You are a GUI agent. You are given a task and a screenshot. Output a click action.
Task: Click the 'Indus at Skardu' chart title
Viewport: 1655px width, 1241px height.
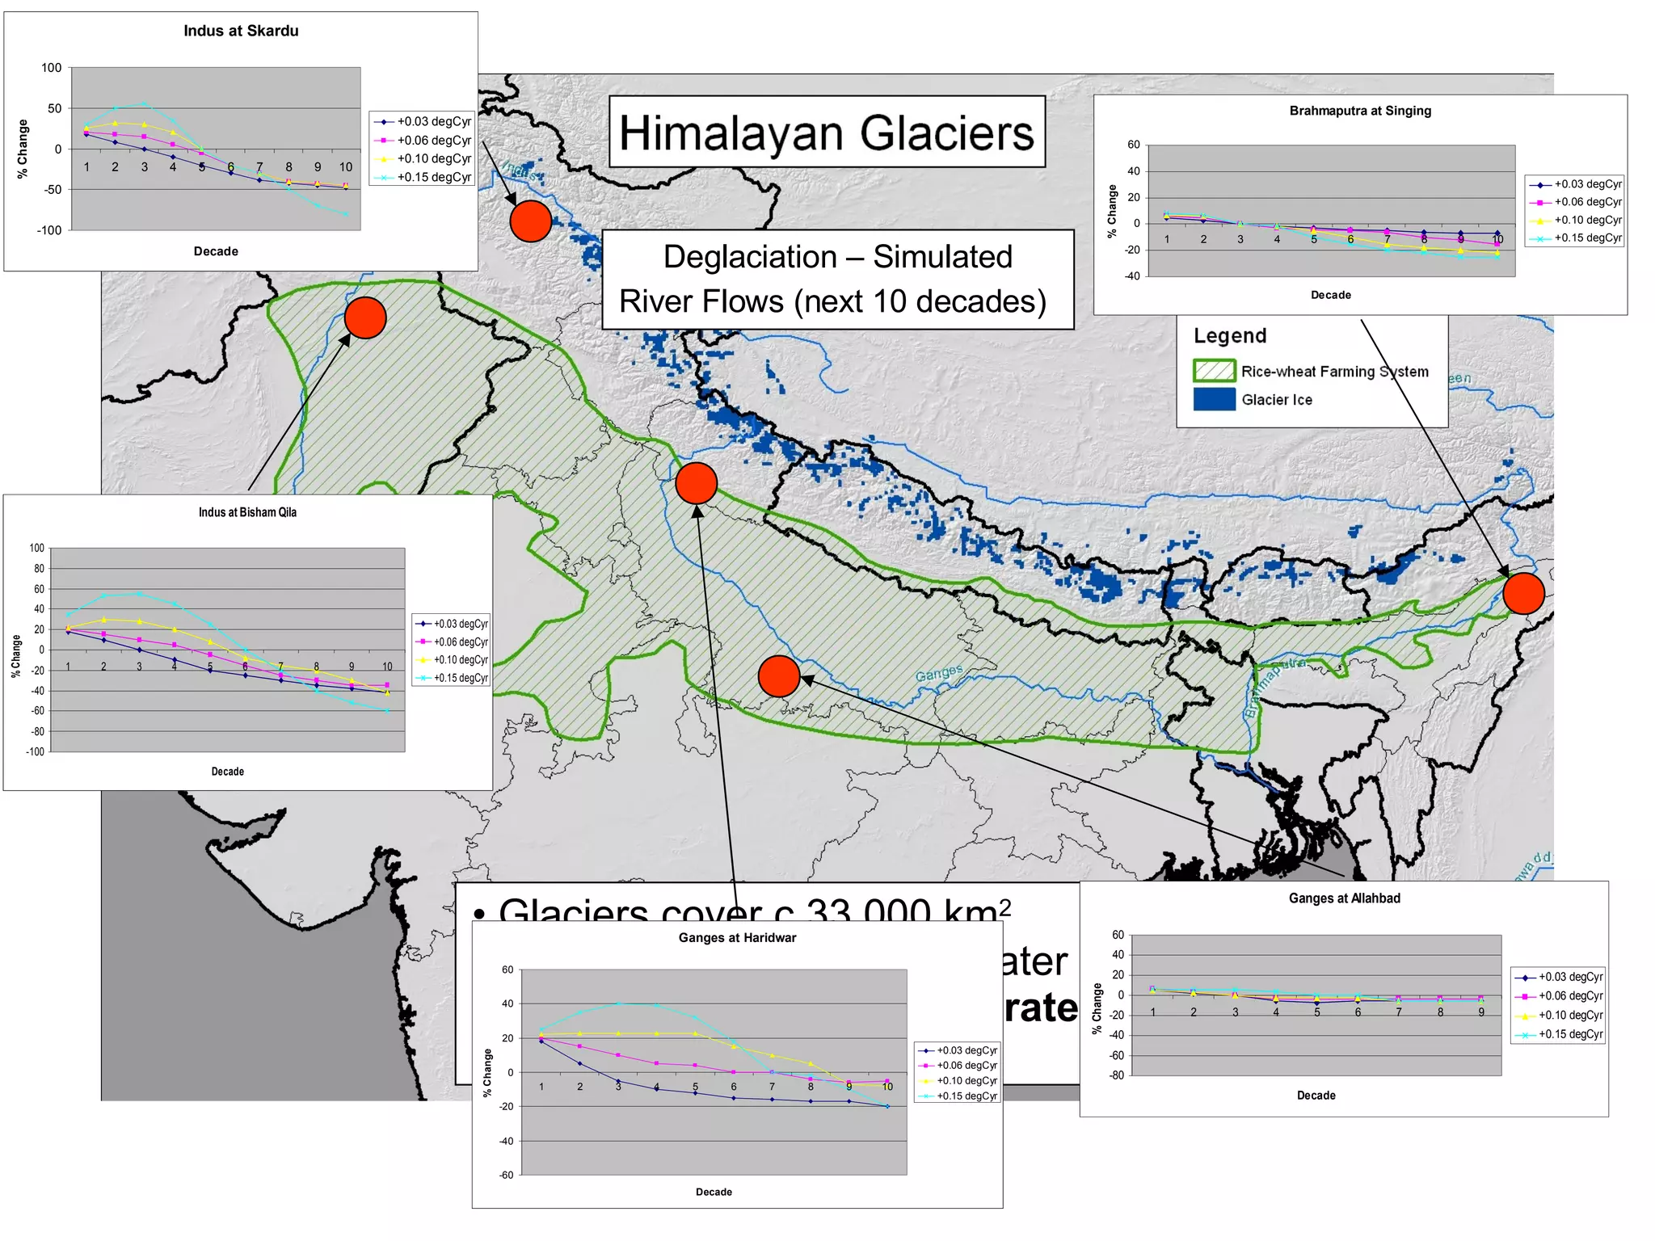[241, 32]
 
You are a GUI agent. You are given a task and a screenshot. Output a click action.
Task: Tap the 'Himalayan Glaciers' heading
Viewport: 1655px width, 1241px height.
[826, 133]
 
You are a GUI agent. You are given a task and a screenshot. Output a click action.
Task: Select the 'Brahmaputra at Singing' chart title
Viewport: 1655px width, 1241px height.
[1360, 111]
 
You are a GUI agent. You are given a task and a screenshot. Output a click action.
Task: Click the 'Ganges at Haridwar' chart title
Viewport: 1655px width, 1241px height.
[737, 938]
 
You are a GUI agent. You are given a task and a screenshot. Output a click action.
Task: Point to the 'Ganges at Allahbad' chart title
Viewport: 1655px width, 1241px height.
[1344, 898]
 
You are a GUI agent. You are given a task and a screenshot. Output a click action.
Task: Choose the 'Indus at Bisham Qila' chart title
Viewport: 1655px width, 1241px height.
[247, 512]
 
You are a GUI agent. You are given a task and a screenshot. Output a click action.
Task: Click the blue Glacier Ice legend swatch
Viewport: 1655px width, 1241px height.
[1214, 400]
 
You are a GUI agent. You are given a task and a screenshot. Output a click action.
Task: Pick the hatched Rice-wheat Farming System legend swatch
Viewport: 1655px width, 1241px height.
[1214, 371]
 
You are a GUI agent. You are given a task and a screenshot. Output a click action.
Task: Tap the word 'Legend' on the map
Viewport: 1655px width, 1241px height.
[1230, 336]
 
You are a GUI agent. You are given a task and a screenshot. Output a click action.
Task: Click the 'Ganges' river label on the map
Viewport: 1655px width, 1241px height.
[939, 672]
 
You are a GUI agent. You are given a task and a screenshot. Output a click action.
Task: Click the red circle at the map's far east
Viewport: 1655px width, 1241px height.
[1523, 593]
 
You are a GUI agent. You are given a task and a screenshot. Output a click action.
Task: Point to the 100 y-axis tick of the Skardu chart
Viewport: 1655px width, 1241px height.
[51, 68]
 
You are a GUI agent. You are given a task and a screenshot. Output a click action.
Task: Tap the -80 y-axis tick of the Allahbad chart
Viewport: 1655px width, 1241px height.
[1116, 1075]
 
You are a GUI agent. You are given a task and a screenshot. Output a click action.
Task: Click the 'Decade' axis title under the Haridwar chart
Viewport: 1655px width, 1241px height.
[714, 1192]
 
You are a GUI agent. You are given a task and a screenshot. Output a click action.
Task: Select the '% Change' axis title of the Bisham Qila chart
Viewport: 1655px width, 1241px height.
[16, 655]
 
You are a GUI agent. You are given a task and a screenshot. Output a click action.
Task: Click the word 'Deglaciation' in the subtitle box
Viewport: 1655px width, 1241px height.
[749, 257]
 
